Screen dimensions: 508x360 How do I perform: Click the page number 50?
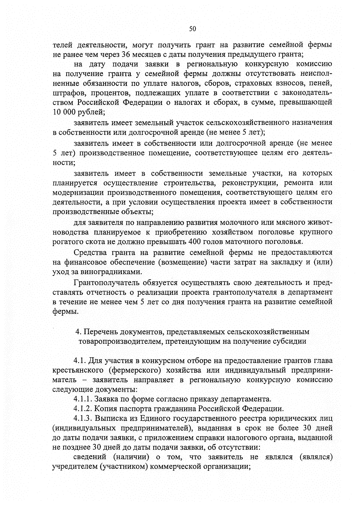(192, 29)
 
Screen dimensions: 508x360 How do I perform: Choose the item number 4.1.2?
(83, 409)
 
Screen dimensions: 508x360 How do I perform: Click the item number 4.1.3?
(83, 418)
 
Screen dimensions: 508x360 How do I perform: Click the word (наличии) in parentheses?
(131, 457)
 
